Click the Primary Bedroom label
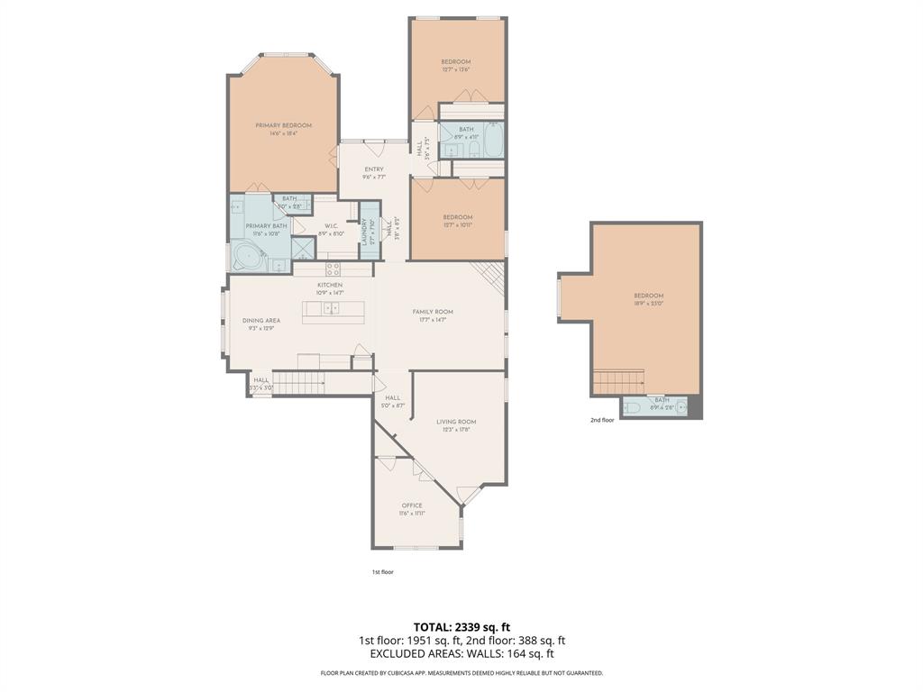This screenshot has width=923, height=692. [283, 125]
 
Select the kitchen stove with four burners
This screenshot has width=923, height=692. [333, 268]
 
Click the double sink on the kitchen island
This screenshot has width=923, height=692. [331, 309]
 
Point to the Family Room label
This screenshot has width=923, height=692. [433, 312]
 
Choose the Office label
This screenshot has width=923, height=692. [412, 505]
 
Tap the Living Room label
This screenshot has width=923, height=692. [456, 422]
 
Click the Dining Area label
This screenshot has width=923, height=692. [261, 320]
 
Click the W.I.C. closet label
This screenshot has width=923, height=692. [330, 226]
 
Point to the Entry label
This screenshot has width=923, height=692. [374, 169]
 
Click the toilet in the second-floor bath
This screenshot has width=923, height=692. [633, 407]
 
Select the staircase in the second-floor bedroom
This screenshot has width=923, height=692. [618, 381]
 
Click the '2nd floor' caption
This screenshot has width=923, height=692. [602, 420]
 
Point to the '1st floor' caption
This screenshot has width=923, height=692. [382, 572]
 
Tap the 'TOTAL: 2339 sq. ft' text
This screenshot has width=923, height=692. [461, 627]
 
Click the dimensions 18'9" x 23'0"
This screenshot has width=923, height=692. [648, 304]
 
